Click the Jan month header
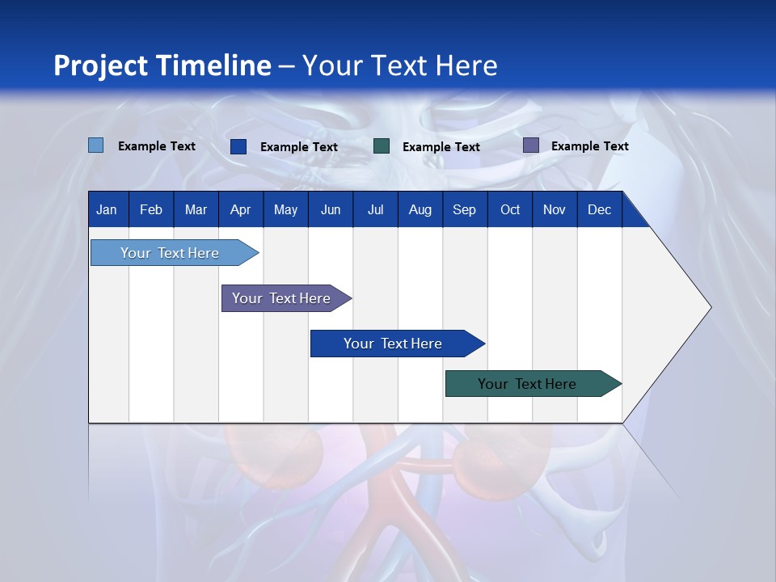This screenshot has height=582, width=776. tap(107, 210)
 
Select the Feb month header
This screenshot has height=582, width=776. tap(151, 210)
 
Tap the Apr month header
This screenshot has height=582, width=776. tap(240, 210)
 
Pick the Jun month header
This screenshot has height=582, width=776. tap(331, 210)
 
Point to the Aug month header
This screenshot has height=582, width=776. tap(420, 210)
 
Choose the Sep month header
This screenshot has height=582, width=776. tap(464, 210)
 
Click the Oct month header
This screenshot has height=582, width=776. tap(510, 210)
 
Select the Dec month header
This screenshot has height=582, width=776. tap(599, 210)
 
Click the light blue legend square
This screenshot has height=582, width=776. tap(95, 145)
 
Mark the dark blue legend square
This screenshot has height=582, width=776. tap(238, 146)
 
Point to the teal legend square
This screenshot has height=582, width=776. tap(382, 146)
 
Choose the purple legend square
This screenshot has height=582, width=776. tap(531, 145)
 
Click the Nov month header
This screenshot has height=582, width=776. tap(554, 210)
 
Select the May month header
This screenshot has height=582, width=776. tap(285, 210)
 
